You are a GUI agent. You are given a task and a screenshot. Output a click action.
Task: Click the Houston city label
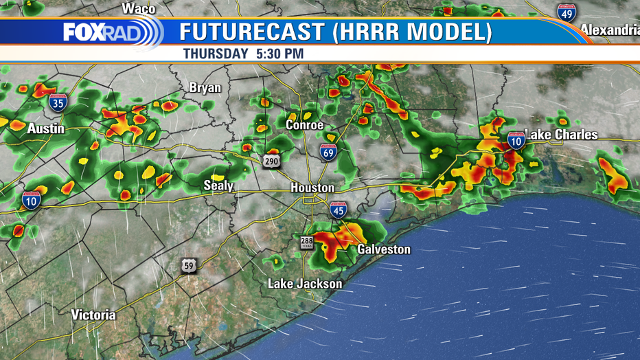click(312, 188)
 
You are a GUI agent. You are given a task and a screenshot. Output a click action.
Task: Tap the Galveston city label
click(384, 249)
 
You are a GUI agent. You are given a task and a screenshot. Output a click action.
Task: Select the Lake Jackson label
click(305, 283)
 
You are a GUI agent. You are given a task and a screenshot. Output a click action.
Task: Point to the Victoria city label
click(93, 315)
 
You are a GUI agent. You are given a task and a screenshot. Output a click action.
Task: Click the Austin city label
click(46, 128)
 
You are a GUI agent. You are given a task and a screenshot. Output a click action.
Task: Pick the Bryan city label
click(205, 88)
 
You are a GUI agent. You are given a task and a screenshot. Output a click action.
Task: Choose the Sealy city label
click(218, 185)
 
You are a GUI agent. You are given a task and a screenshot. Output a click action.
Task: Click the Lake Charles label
click(561, 135)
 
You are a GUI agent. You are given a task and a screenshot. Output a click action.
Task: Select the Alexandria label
click(610, 30)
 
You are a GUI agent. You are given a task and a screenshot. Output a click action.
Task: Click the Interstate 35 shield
click(58, 103)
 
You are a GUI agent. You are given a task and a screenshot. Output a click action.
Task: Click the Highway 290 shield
click(268, 161)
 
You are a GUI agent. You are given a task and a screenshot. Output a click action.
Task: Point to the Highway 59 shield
click(189, 265)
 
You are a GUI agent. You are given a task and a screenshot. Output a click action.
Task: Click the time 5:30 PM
click(279, 53)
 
